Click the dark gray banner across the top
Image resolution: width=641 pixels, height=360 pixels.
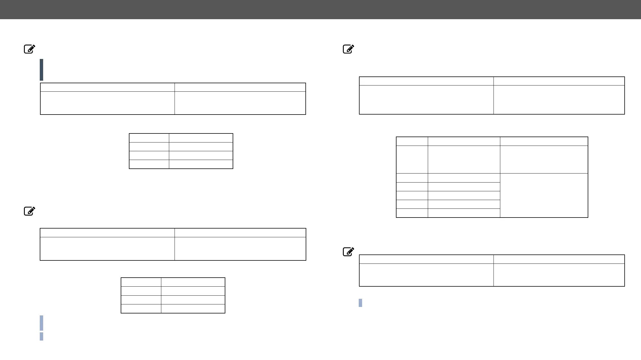(320, 9)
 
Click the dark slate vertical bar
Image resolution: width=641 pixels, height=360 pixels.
(41, 70)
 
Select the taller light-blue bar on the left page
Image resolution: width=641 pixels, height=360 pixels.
(41, 323)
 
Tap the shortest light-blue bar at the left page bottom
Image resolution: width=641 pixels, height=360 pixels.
(41, 336)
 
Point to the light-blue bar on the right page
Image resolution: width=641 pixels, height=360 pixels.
(360, 303)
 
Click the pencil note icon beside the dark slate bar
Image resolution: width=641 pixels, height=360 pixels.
(29, 49)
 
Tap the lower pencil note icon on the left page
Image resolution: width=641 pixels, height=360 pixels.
(29, 211)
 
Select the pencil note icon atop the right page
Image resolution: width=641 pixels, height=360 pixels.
(349, 49)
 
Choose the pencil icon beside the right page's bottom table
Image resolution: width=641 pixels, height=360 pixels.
(349, 251)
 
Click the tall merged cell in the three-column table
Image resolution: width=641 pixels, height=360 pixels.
(544, 195)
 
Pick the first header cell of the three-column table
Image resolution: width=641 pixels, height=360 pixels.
(412, 141)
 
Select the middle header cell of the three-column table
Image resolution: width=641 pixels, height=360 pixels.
(464, 141)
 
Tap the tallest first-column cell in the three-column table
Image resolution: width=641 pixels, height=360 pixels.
(412, 159)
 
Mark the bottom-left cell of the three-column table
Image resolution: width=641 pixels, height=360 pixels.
(412, 213)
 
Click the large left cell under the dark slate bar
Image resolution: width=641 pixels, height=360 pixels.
(107, 103)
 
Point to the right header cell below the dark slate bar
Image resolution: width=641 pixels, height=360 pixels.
(240, 87)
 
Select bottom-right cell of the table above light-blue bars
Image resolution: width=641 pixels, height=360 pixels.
(193, 309)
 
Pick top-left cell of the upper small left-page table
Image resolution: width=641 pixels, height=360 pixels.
(149, 138)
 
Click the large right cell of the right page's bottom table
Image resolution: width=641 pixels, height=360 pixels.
(559, 275)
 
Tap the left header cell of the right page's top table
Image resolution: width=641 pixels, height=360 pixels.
(426, 81)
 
